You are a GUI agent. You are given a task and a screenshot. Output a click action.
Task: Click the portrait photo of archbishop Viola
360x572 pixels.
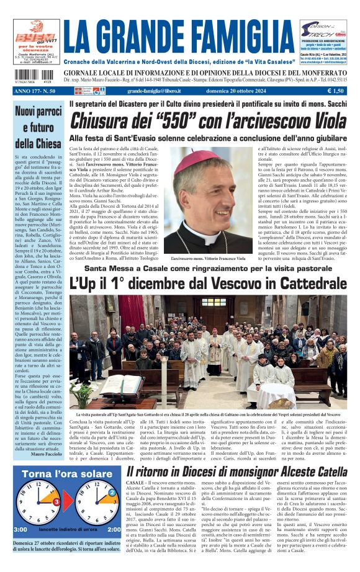[202, 199]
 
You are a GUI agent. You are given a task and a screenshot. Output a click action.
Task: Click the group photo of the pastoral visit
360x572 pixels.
[208, 351]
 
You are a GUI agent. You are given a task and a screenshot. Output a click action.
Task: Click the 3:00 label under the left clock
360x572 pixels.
[20, 529]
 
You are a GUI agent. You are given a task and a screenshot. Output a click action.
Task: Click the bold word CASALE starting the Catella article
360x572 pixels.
[135, 482]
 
